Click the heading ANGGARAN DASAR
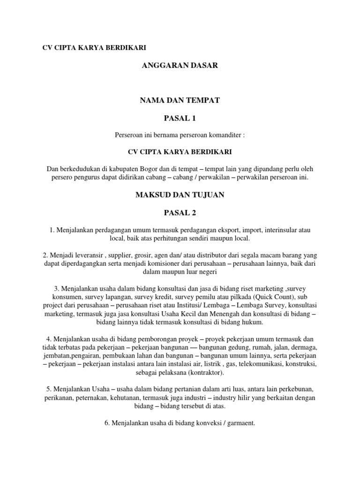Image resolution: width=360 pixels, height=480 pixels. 180,66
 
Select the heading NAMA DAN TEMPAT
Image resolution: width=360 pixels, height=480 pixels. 180,100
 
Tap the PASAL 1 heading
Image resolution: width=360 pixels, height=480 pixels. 180,118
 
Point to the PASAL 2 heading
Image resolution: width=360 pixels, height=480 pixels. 180,212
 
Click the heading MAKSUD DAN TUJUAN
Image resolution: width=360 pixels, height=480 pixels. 180,195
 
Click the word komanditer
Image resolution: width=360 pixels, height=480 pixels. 225,135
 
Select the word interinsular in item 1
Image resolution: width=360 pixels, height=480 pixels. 283,230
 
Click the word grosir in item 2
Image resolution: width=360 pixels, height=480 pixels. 150,256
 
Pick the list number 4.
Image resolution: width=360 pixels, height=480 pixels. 48,339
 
